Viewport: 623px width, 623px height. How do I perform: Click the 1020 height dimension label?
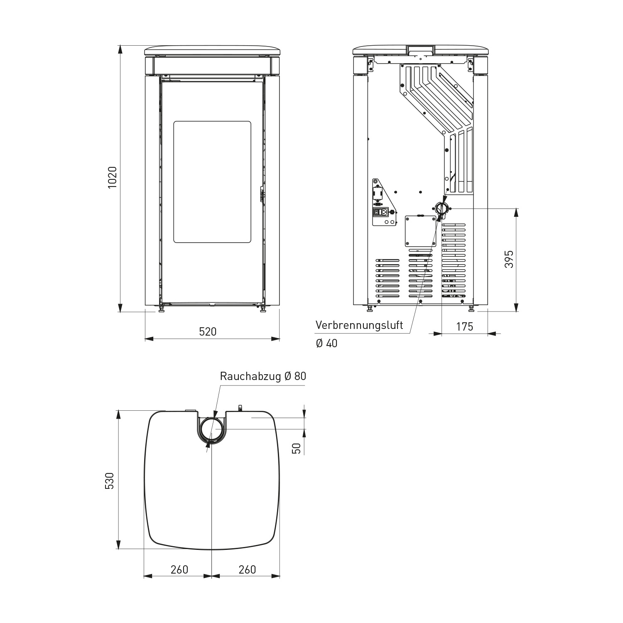[113, 177]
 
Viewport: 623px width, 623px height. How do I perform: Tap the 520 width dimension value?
[208, 331]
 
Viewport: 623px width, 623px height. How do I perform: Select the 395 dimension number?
[509, 259]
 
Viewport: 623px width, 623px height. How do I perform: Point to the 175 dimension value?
[465, 327]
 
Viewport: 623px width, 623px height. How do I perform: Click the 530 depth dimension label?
[109, 481]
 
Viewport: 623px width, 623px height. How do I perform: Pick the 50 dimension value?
[297, 448]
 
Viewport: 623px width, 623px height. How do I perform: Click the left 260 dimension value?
[179, 569]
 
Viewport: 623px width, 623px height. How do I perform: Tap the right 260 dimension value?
[248, 569]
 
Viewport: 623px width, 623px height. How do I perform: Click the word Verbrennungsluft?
[359, 325]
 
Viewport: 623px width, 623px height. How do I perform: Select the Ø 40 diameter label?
[326, 343]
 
